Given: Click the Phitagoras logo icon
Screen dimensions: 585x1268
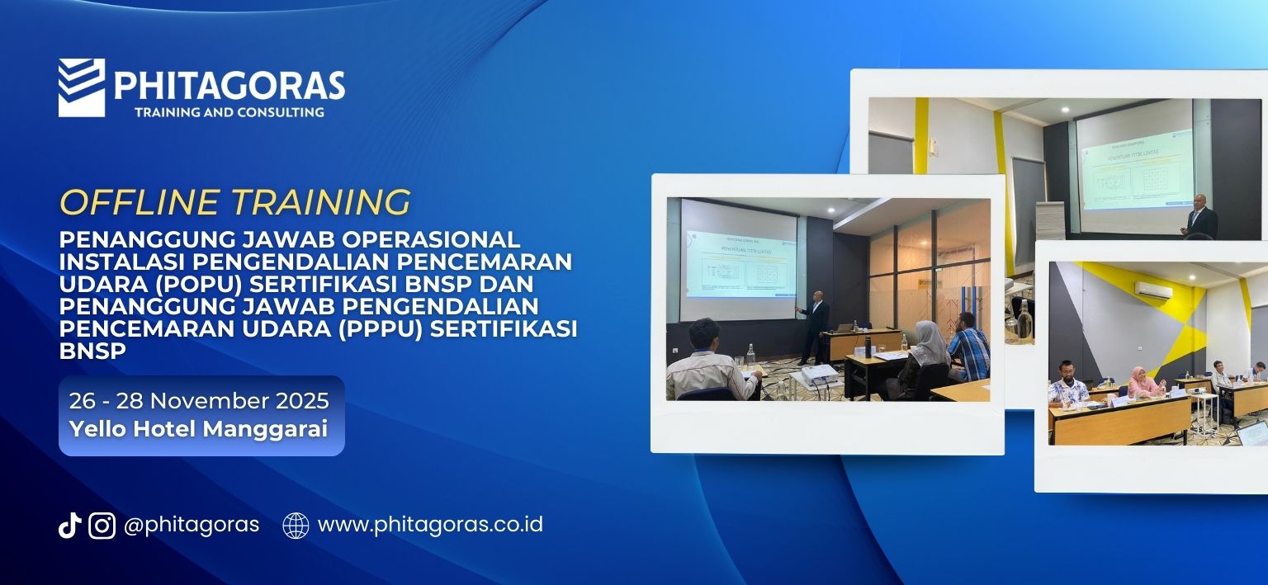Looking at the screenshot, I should (x=81, y=87).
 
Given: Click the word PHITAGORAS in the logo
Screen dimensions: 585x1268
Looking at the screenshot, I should (x=229, y=85).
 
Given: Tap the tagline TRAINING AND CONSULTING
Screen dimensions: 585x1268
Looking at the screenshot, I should (x=229, y=111).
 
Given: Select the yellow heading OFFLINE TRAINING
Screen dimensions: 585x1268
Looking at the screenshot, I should (x=234, y=202).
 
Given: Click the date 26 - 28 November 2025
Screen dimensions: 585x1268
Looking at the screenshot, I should (x=199, y=401).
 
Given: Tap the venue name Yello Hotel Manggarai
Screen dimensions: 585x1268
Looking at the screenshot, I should (x=198, y=429).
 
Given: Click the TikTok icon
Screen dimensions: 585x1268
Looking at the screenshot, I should (x=69, y=525).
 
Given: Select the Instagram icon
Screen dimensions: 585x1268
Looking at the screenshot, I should (x=102, y=525).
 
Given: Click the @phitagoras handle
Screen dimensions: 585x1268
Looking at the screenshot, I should (x=191, y=525).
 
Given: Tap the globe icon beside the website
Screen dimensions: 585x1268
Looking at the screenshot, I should (x=296, y=525).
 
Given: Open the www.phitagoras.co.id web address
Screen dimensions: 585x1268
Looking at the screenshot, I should (x=430, y=525).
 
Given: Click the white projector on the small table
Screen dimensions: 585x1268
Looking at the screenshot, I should (x=816, y=376).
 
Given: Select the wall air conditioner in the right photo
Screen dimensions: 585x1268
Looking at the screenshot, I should (x=1152, y=289).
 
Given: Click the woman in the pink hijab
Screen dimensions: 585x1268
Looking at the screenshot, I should (x=1143, y=383).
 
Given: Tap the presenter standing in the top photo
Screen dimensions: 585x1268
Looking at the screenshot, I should (x=1199, y=219).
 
